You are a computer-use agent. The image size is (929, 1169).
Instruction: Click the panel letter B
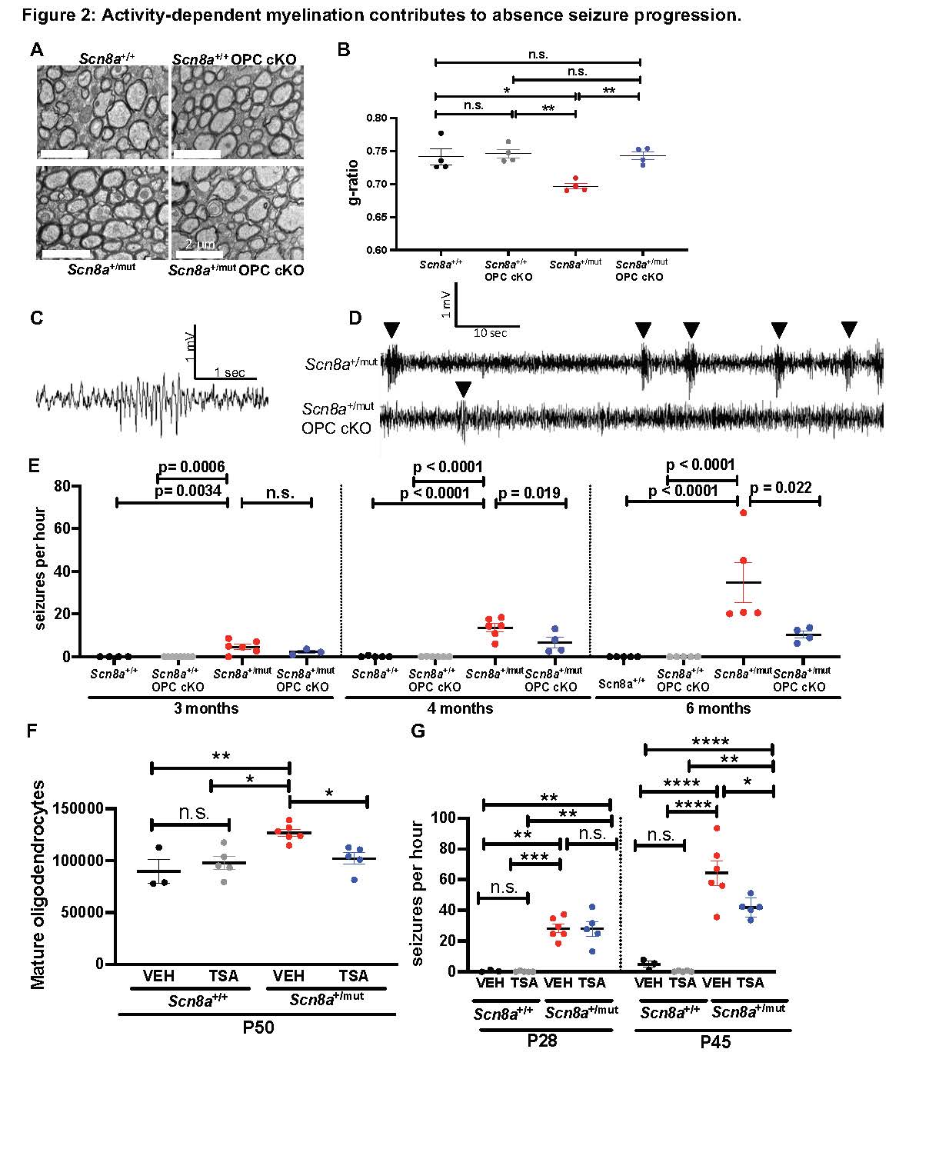[x=344, y=50]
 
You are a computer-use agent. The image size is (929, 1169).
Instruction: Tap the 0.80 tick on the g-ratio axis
[x=376, y=118]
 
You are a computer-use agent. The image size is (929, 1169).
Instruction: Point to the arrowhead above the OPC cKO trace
[x=463, y=389]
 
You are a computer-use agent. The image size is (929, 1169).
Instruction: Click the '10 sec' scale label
[x=490, y=333]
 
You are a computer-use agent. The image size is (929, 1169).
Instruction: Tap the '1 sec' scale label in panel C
[x=229, y=372]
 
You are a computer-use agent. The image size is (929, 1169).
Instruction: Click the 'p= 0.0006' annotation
[x=191, y=468]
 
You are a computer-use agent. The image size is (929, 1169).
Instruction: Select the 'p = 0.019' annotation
[x=531, y=492]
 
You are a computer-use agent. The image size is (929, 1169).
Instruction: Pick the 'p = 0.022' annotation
[x=781, y=488]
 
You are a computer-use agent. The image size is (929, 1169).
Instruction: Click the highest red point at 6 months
[x=743, y=513]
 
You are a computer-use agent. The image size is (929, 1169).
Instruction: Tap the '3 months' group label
[x=207, y=708]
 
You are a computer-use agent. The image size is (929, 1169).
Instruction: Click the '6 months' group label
[x=718, y=708]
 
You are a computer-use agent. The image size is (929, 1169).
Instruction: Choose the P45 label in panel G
[x=715, y=1043]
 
